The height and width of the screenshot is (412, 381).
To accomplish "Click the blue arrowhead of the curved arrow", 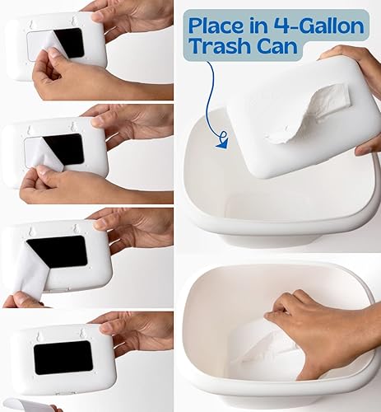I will pos(222,143).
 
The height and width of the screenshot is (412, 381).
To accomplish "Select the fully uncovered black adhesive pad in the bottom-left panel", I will pos(63,357).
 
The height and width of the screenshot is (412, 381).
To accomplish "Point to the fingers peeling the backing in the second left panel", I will pos(41,181).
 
